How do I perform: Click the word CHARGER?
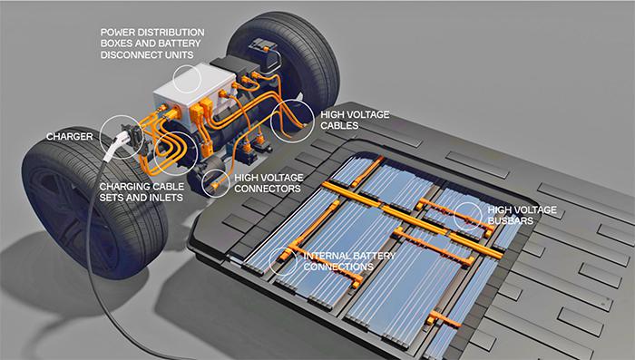click(x=69, y=137)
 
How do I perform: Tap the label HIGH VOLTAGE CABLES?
click(x=355, y=121)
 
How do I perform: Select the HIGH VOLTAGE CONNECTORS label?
click(x=269, y=183)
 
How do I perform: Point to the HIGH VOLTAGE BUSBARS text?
click(x=522, y=215)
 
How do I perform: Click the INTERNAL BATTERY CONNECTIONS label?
click(x=349, y=261)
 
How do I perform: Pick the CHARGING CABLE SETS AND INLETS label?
click(x=142, y=192)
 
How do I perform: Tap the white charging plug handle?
click(x=114, y=146)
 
